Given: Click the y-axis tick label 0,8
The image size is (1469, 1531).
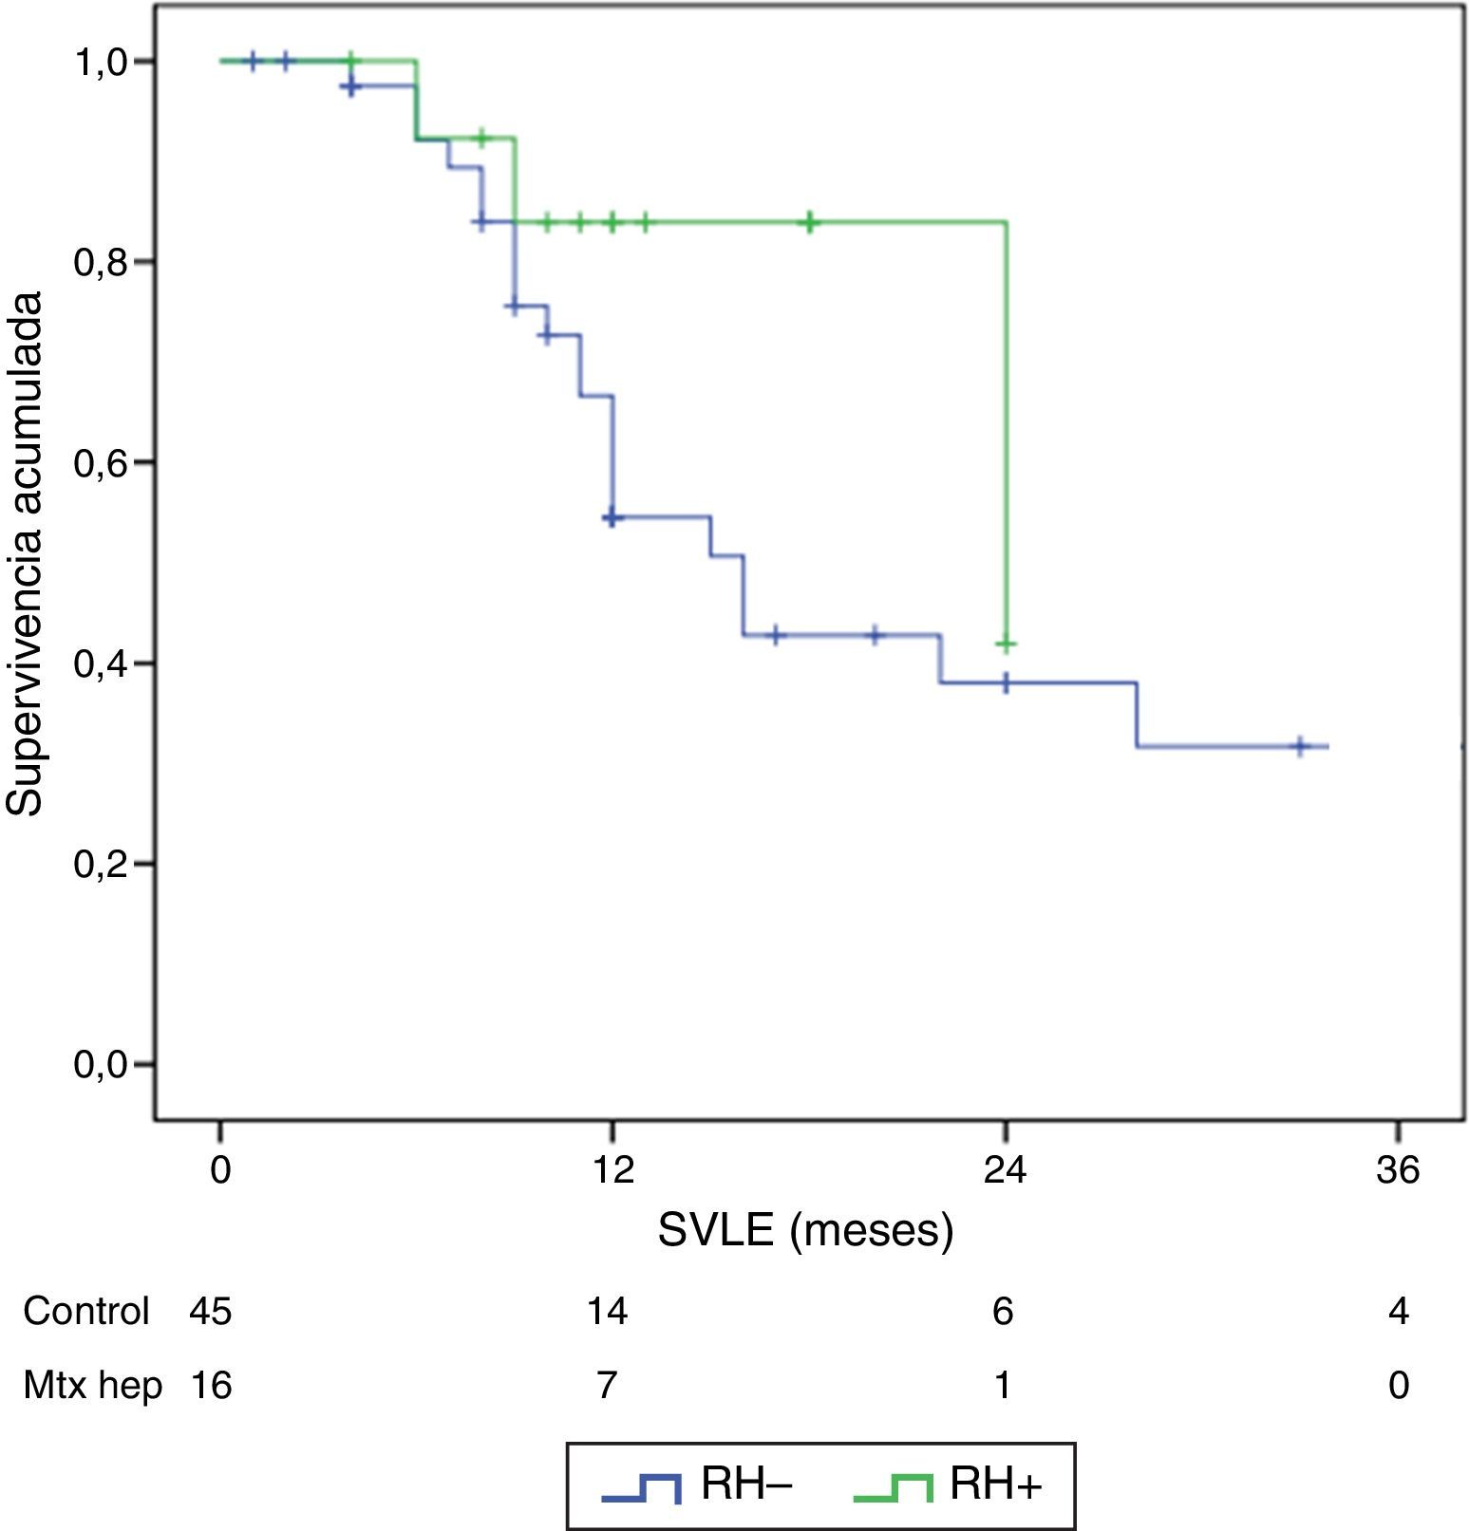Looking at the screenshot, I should (x=101, y=262).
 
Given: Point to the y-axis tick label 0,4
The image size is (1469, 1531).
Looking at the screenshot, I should (x=101, y=663).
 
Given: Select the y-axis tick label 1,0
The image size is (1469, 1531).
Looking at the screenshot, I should (x=101, y=63).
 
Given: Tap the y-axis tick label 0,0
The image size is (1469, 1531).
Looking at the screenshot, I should (x=101, y=1065).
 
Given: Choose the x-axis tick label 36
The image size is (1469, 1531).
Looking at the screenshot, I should (x=1398, y=1169).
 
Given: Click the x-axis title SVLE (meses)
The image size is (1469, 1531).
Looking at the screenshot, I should (x=805, y=1231).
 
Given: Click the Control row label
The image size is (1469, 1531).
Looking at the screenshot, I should (x=86, y=1312).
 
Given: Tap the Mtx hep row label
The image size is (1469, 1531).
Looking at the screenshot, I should (x=92, y=1386).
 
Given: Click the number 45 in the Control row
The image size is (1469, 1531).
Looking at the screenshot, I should (x=211, y=1312).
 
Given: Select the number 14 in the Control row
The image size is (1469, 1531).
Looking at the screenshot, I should (x=607, y=1312).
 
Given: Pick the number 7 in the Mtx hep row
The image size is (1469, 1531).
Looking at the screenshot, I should (x=607, y=1386).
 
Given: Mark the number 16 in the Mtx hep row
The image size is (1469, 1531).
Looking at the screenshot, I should (x=211, y=1386).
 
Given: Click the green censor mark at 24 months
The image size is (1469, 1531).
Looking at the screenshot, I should (x=1007, y=644).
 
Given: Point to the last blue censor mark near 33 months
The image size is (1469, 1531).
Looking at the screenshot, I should (x=1301, y=747).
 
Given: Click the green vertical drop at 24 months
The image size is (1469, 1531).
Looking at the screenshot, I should (x=1006, y=427).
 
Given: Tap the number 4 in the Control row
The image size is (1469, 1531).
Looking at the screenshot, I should (x=1398, y=1312).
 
